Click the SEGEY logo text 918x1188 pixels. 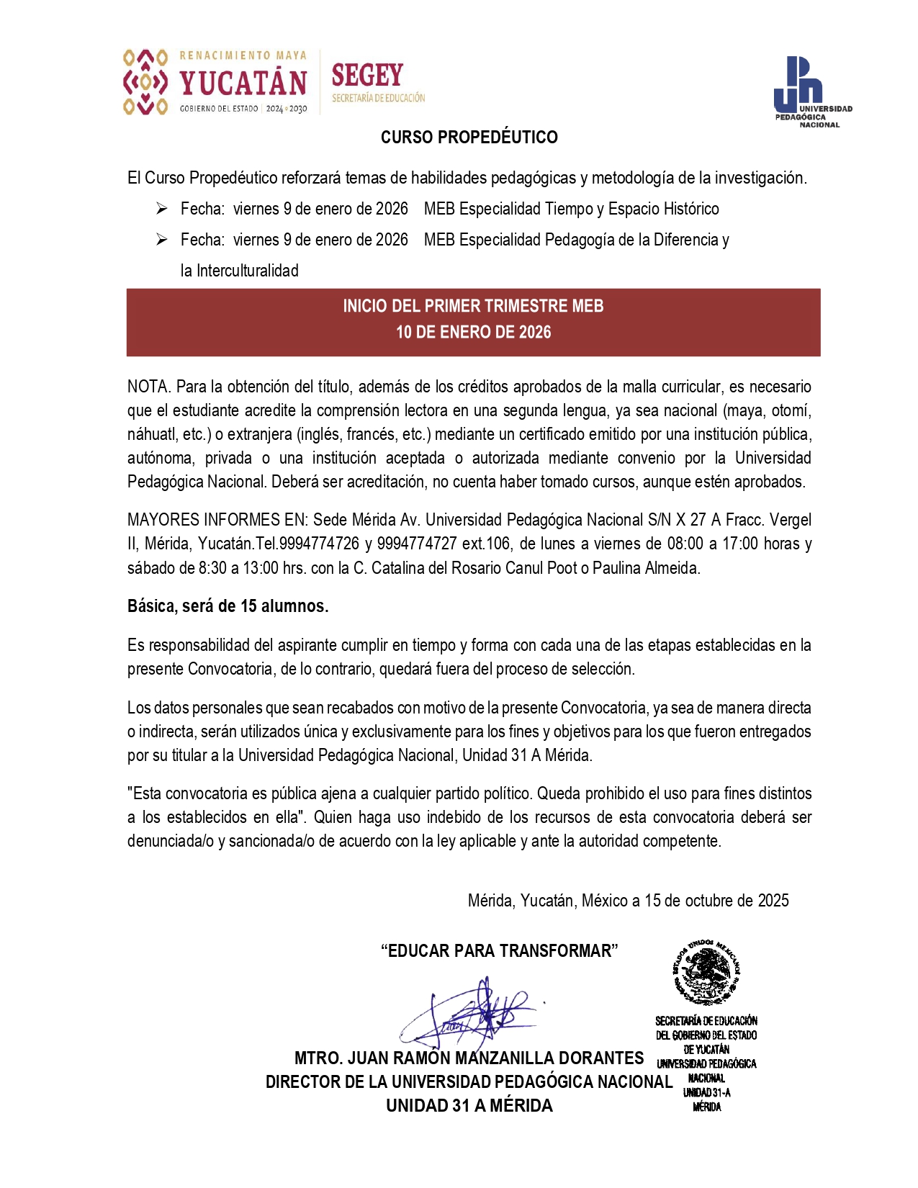367,76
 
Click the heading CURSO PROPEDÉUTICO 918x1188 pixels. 469,137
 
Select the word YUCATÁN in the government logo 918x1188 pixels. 243,84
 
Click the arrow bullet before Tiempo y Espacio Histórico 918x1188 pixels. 162,209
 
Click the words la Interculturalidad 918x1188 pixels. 239,271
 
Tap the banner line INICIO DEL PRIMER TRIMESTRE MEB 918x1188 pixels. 473,306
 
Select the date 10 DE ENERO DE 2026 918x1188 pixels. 473,332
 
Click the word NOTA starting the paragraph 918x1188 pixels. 148,387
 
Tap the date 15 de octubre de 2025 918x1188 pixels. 716,901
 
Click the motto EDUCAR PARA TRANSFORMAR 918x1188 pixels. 499,951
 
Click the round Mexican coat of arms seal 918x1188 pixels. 706,972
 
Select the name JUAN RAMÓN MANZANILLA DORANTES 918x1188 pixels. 495,1058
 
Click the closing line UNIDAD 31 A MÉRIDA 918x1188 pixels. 469,1106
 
